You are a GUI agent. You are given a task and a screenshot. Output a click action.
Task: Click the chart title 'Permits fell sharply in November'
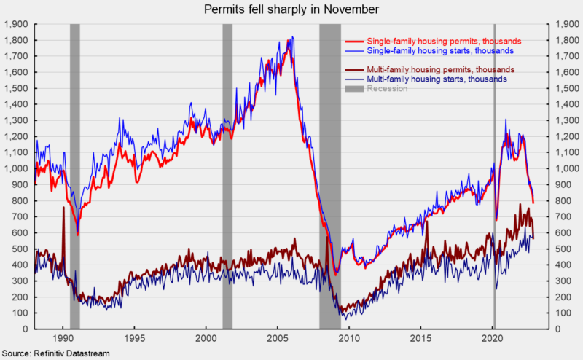tap(291, 9)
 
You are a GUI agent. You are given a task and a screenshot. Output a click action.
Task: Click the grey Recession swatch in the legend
tap(354, 88)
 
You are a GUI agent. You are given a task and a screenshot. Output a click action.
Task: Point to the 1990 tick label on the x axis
tap(63, 338)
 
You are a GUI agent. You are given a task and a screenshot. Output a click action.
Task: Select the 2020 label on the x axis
tap(493, 338)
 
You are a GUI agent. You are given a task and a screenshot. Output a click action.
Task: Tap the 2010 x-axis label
tap(349, 338)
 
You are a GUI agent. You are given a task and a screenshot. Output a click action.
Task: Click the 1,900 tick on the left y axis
tap(16, 24)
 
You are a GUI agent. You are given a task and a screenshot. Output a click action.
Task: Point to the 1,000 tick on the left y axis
tap(16, 168)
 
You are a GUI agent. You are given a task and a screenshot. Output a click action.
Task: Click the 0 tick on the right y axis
tap(557, 329)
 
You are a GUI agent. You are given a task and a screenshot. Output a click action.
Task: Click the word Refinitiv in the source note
tap(48, 353)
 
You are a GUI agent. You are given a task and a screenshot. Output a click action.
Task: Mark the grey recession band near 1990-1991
tap(75, 176)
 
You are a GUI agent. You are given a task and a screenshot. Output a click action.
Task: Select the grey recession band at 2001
tap(227, 176)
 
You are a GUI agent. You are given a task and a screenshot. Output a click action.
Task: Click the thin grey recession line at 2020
tap(495, 176)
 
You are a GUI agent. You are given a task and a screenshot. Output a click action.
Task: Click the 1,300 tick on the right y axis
tap(567, 120)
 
